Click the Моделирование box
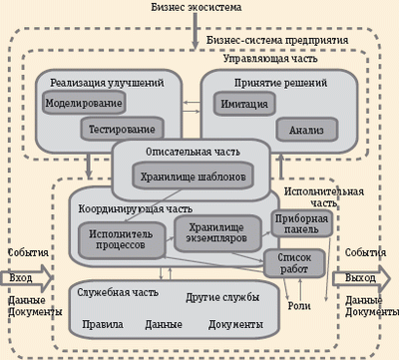pos(84,104)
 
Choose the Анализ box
pos(306,129)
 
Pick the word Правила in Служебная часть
pos(103,325)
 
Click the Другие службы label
pos(222,298)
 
